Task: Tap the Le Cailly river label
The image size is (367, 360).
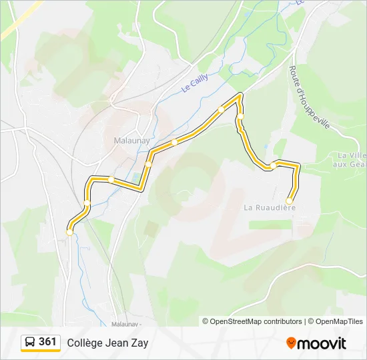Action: coord(195,83)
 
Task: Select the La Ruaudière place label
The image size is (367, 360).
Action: coord(270,207)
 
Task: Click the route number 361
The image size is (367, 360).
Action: coord(47,341)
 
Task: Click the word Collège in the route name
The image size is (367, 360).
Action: coord(85,343)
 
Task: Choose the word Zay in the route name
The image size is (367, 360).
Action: coord(140,343)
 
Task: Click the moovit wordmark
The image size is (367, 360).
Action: coord(322,343)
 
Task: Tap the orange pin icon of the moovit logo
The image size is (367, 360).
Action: coord(291,343)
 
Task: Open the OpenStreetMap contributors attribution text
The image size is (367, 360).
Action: coord(256,321)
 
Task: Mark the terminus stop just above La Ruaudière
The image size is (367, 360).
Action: coord(289,201)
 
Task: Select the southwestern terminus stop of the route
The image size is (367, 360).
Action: coord(69,233)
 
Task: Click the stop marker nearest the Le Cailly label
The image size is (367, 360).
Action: coord(221,109)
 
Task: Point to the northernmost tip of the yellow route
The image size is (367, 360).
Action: coord(240,95)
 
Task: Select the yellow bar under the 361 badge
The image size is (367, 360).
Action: coord(40,351)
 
